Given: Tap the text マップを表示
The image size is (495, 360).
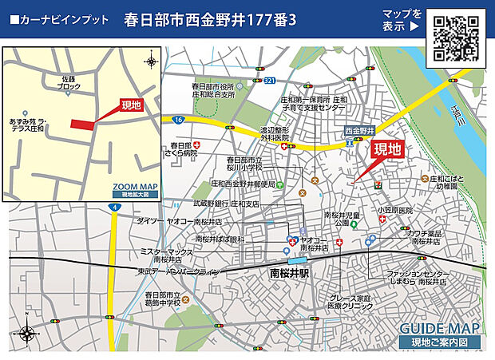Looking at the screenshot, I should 401,20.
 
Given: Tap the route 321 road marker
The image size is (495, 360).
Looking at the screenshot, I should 270,81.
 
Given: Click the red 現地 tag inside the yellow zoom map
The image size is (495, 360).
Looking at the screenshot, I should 130,105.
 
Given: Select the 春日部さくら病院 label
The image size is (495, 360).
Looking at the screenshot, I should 181,149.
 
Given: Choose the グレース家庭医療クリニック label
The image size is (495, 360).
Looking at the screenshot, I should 351,302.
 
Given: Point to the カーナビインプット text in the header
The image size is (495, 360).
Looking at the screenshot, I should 58,19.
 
